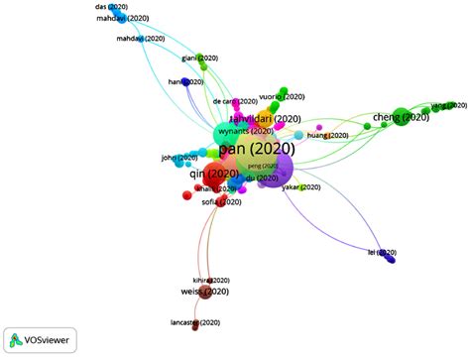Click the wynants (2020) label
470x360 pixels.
pyautogui.click(x=247, y=131)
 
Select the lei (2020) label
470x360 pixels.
pyautogui.click(x=382, y=254)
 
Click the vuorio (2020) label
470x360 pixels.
pyautogui.click(x=278, y=97)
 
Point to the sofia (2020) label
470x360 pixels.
pyautogui.click(x=223, y=201)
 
